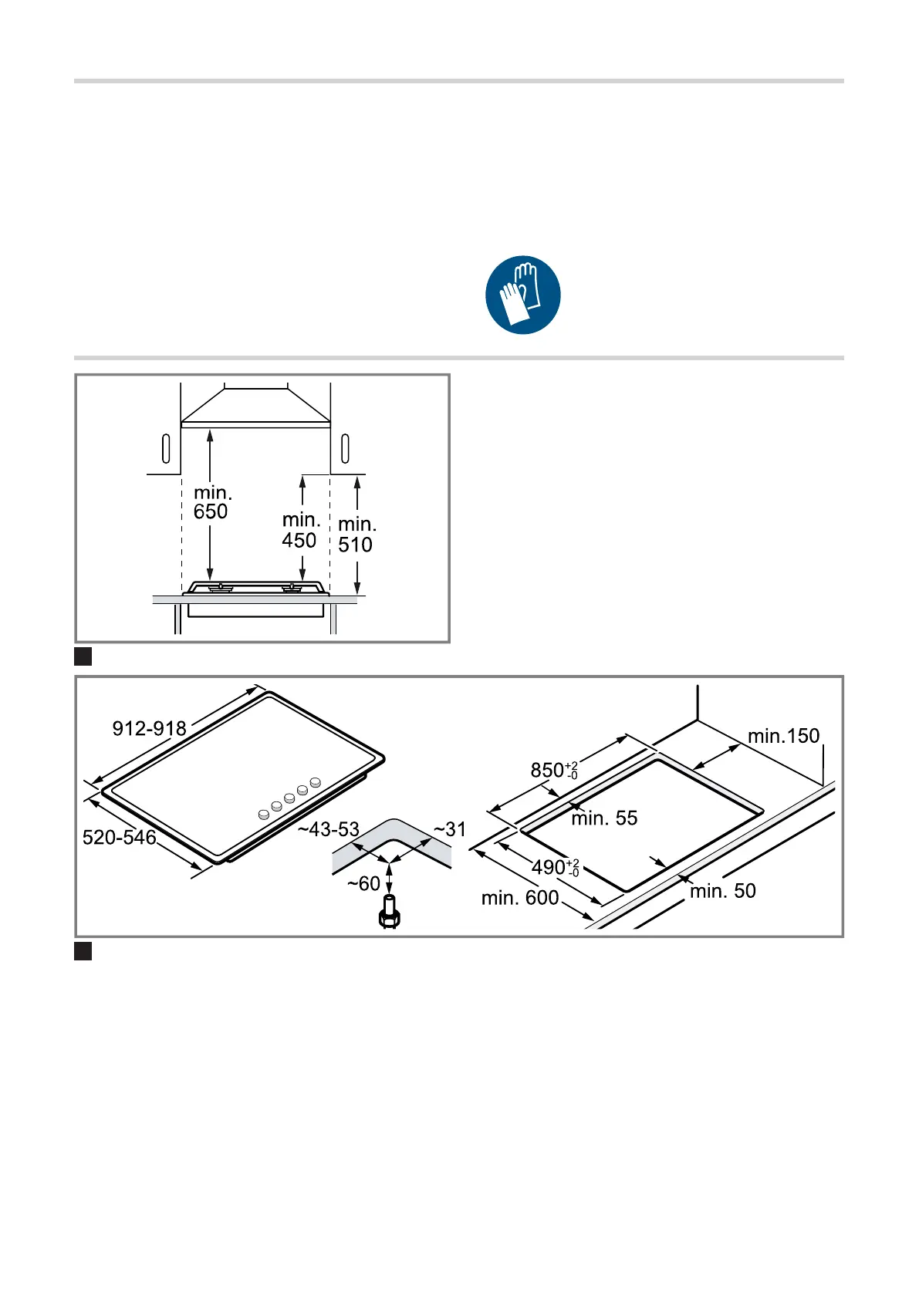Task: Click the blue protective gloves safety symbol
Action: coord(522,295)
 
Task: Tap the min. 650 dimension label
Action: coord(212,502)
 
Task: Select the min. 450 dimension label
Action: coord(300,530)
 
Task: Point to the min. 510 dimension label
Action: coord(356,534)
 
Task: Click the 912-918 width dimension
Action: coord(149,728)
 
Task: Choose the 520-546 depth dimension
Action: coord(119,838)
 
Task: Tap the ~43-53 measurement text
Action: coord(329,829)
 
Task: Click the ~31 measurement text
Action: coord(450,829)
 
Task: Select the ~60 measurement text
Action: coord(363,884)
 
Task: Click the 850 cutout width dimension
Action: coord(554,770)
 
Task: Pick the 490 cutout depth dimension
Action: coord(556,868)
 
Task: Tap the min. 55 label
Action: coord(604,818)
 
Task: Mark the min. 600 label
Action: coord(520,899)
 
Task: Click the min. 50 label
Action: coord(723,891)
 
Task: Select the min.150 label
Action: coord(783,737)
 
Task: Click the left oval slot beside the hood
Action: coord(166,448)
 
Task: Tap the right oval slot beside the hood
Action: coord(345,448)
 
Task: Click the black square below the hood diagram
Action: coord(83,656)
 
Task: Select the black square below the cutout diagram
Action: coord(83,951)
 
